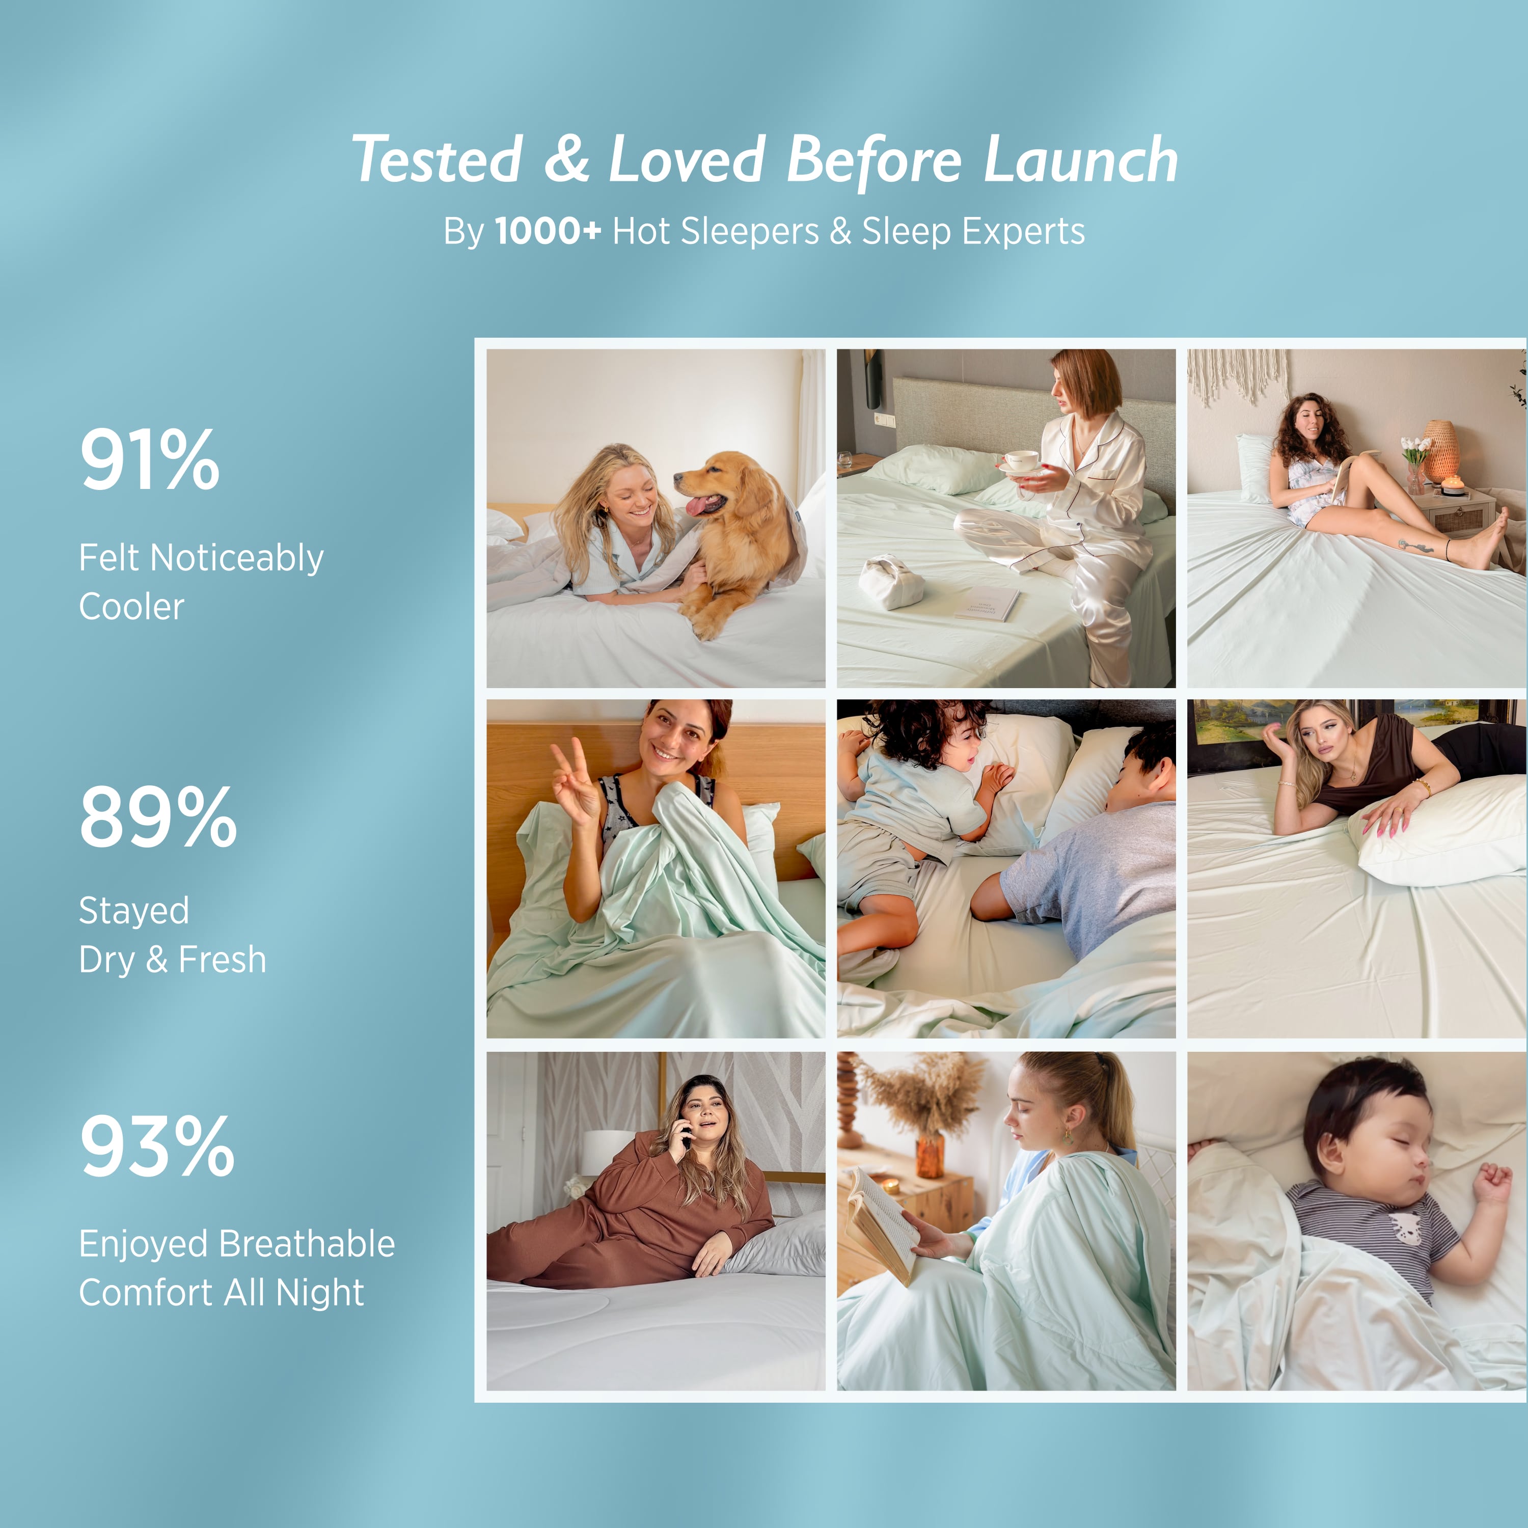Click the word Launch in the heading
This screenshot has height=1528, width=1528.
click(x=1080, y=160)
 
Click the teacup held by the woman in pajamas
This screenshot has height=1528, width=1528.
click(x=1021, y=460)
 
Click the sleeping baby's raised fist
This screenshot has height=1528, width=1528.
click(x=1491, y=1184)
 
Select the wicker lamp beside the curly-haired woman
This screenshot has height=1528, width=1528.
click(x=1441, y=448)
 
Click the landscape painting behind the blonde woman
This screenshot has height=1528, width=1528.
click(x=1234, y=721)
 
